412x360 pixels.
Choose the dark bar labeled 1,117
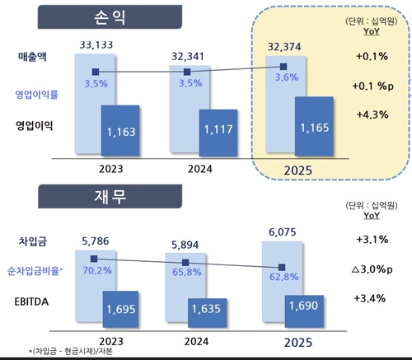218,132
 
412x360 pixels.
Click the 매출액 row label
35,57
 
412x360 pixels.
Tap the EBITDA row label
34,302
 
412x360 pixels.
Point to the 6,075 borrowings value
281,233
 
